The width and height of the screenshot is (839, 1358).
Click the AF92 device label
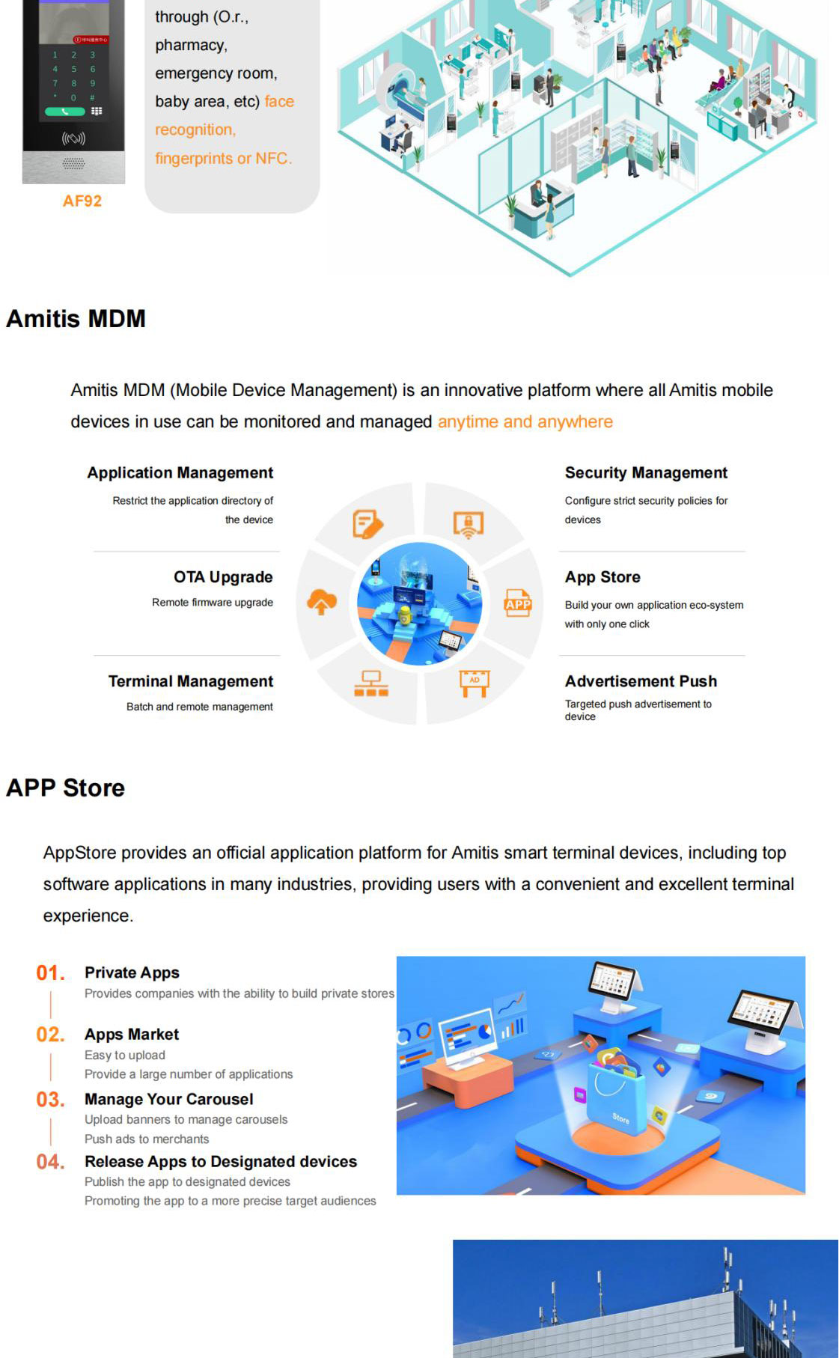coord(82,201)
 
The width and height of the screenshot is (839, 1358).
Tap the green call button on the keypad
coord(65,112)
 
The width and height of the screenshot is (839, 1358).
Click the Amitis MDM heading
coord(76,319)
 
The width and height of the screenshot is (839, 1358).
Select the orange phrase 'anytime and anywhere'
coord(525,421)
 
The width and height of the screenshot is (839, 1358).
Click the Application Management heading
coord(180,473)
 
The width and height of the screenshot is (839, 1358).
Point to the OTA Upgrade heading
coord(223,577)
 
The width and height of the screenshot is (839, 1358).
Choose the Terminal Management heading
coord(190,681)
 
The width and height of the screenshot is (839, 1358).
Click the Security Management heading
coord(646,473)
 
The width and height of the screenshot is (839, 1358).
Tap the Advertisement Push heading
coord(641,681)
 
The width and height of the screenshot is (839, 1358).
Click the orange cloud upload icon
coord(322,601)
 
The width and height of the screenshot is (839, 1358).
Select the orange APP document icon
coord(518,603)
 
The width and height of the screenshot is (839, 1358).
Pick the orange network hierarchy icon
coord(371,683)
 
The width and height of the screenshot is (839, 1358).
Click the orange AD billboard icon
coord(475,683)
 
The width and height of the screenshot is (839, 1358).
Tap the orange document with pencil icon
coord(367,524)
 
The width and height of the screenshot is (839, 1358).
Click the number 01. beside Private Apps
coord(50,973)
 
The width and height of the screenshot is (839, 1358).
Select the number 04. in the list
coord(50,1162)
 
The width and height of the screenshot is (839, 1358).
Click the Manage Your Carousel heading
coord(168,1099)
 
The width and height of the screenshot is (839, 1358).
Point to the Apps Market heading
coord(132,1035)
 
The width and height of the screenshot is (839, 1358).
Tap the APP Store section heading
coord(65,788)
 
